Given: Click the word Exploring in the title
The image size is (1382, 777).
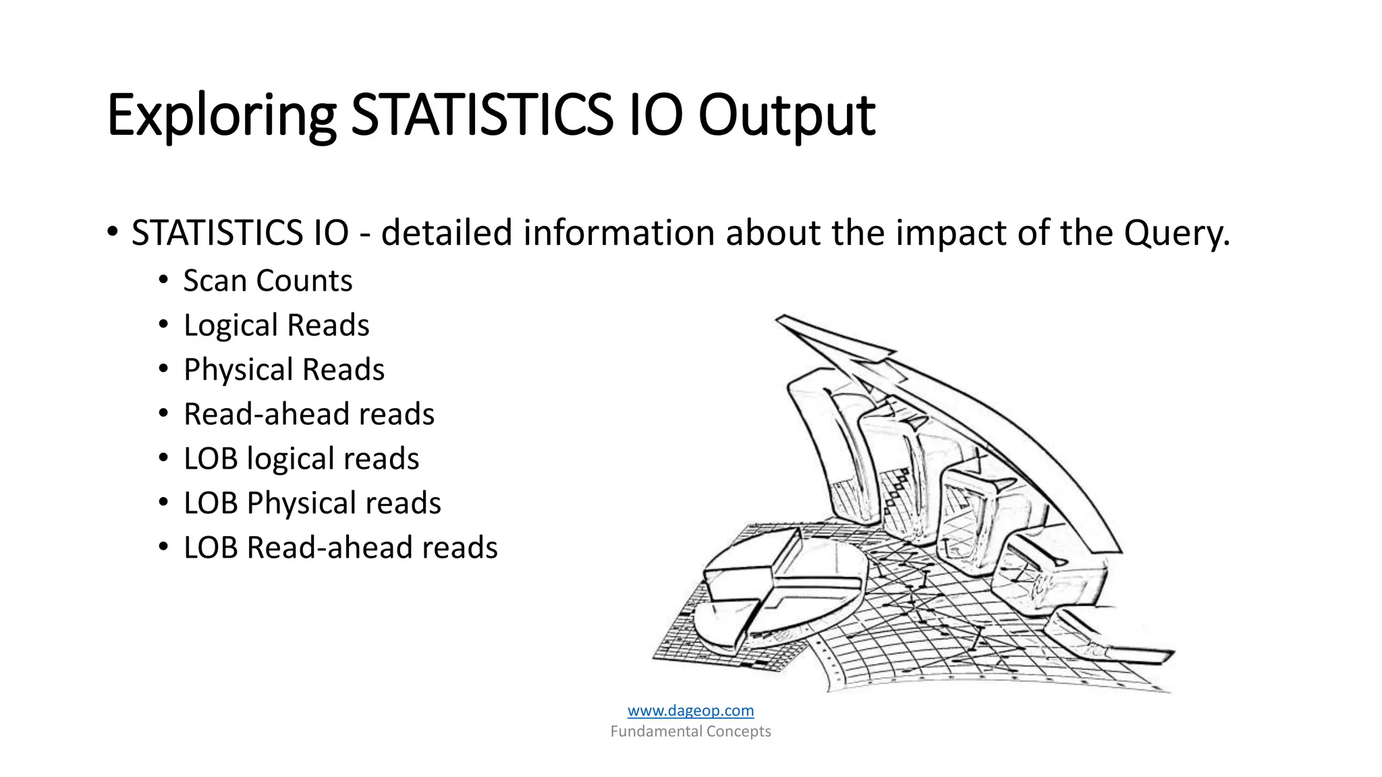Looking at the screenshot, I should tap(221, 116).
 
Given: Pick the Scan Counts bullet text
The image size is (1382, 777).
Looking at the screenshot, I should tap(268, 281).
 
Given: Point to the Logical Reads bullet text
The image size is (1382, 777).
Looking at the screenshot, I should tap(277, 325).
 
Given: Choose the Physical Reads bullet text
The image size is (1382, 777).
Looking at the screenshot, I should tap(284, 370).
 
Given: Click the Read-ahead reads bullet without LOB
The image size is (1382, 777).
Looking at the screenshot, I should tap(309, 414).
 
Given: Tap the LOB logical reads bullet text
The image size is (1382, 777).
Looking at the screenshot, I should tap(302, 459).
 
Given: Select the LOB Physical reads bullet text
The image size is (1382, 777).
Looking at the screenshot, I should tap(312, 503).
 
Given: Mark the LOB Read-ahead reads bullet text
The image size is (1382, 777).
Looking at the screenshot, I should tap(341, 548).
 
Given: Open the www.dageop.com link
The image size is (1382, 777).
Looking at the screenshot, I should tap(690, 710).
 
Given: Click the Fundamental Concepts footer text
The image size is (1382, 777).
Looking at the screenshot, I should tap(690, 731).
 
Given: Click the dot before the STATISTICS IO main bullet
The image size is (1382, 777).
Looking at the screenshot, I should tap(113, 233).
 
